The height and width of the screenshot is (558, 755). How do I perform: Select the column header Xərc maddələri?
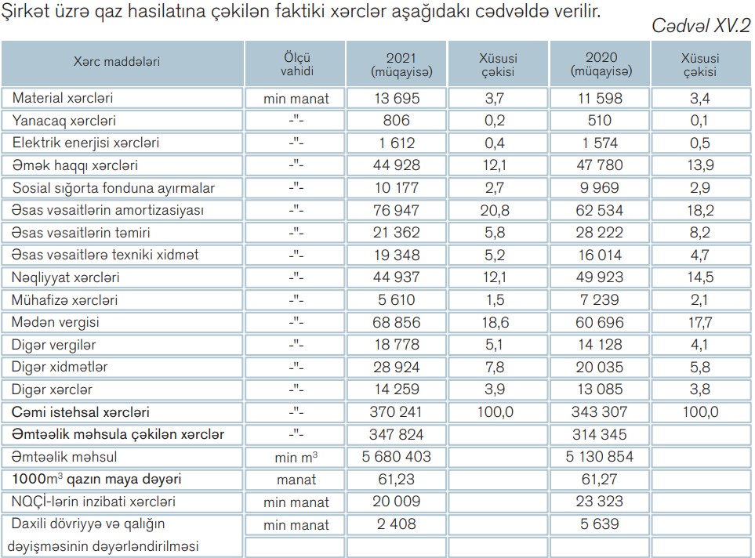point(117,62)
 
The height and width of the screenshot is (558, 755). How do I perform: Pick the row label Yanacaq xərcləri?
point(64,121)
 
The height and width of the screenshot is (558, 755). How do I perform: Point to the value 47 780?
point(601,165)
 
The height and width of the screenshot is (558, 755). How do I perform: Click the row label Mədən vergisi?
point(56,322)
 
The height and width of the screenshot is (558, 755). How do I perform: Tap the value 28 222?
point(601,233)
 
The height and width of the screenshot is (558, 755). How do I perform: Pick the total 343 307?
point(601,411)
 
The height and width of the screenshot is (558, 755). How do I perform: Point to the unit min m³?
point(297,457)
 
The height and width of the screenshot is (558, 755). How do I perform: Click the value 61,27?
point(601,479)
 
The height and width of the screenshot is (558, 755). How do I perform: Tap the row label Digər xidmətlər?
point(60,367)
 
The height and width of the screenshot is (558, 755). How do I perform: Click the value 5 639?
point(601,524)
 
